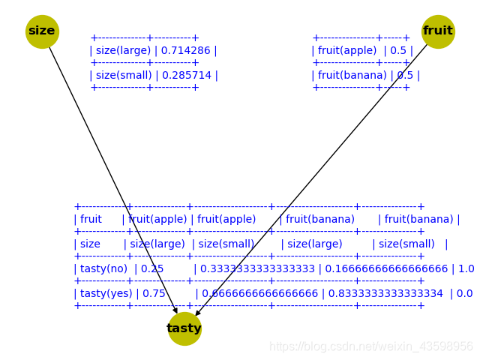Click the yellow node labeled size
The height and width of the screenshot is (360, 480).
[42, 31]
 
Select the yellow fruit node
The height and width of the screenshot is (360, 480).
[438, 31]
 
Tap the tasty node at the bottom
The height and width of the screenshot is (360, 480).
[184, 328]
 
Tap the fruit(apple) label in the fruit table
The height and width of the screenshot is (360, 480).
[343, 51]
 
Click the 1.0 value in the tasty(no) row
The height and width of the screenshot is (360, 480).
[466, 268]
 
